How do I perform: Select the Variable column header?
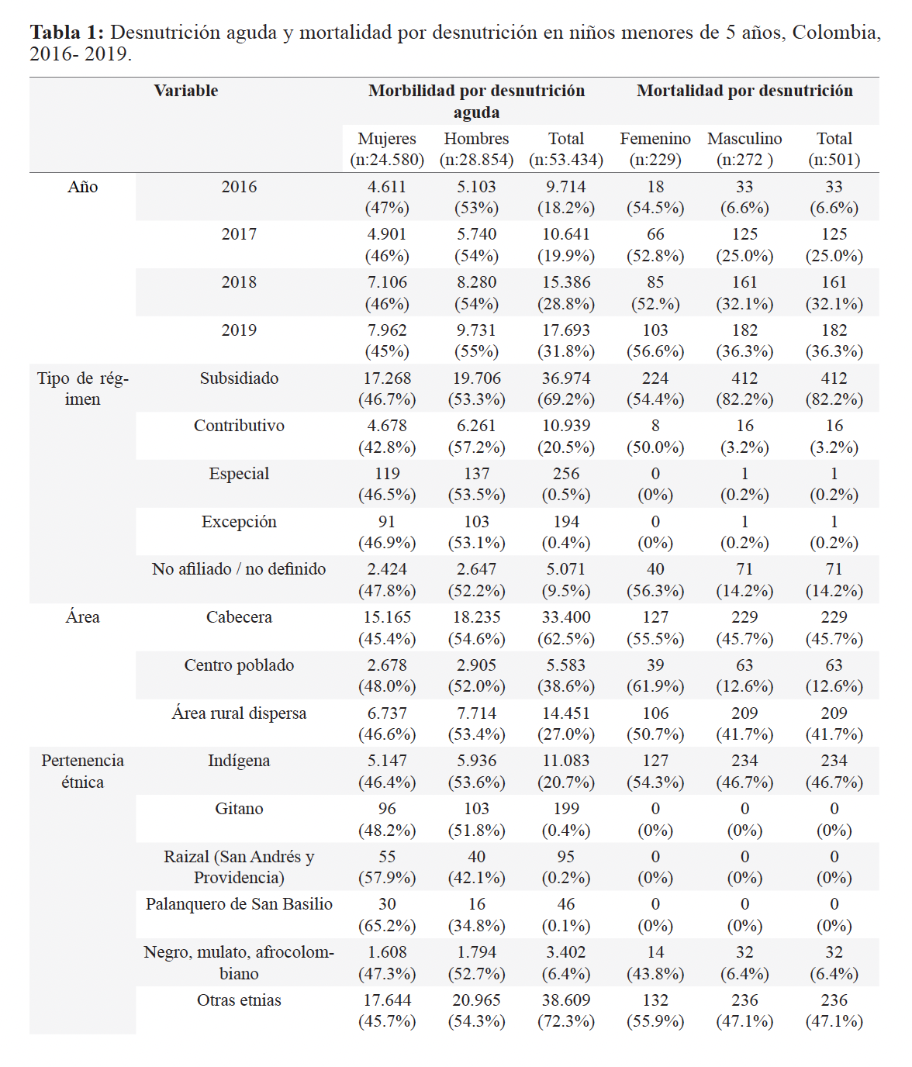coord(186,91)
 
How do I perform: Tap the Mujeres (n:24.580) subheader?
coord(387,149)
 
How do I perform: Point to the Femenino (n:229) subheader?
coord(655,149)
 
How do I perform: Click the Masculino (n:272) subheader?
coord(744,149)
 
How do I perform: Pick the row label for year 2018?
coord(239,281)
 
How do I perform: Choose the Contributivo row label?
coord(239,426)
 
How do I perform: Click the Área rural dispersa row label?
coord(239,713)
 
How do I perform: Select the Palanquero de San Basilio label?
coord(239,904)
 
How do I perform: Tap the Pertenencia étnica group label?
coord(82,772)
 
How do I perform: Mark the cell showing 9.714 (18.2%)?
coord(566,197)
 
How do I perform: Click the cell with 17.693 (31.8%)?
coord(566,340)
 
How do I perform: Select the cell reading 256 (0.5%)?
coord(566,484)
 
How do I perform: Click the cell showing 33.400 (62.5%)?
coord(566,627)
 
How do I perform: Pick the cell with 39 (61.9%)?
coord(655,675)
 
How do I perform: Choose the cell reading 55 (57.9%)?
coord(387,867)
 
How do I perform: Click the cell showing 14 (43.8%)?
coord(655,962)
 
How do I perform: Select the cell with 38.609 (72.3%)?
coord(566,1010)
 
